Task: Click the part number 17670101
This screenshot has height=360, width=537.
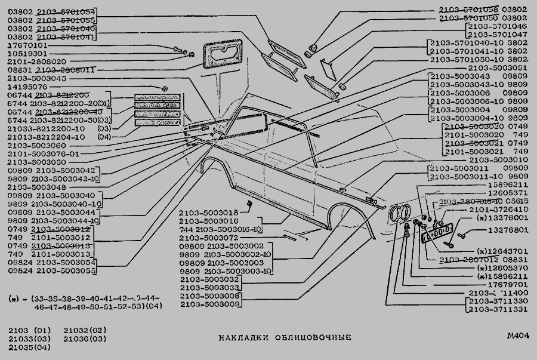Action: [x=29, y=44]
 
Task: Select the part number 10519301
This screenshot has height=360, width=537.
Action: [x=29, y=53]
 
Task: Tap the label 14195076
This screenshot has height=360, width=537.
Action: [x=29, y=86]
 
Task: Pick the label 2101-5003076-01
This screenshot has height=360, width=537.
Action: [x=43, y=153]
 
